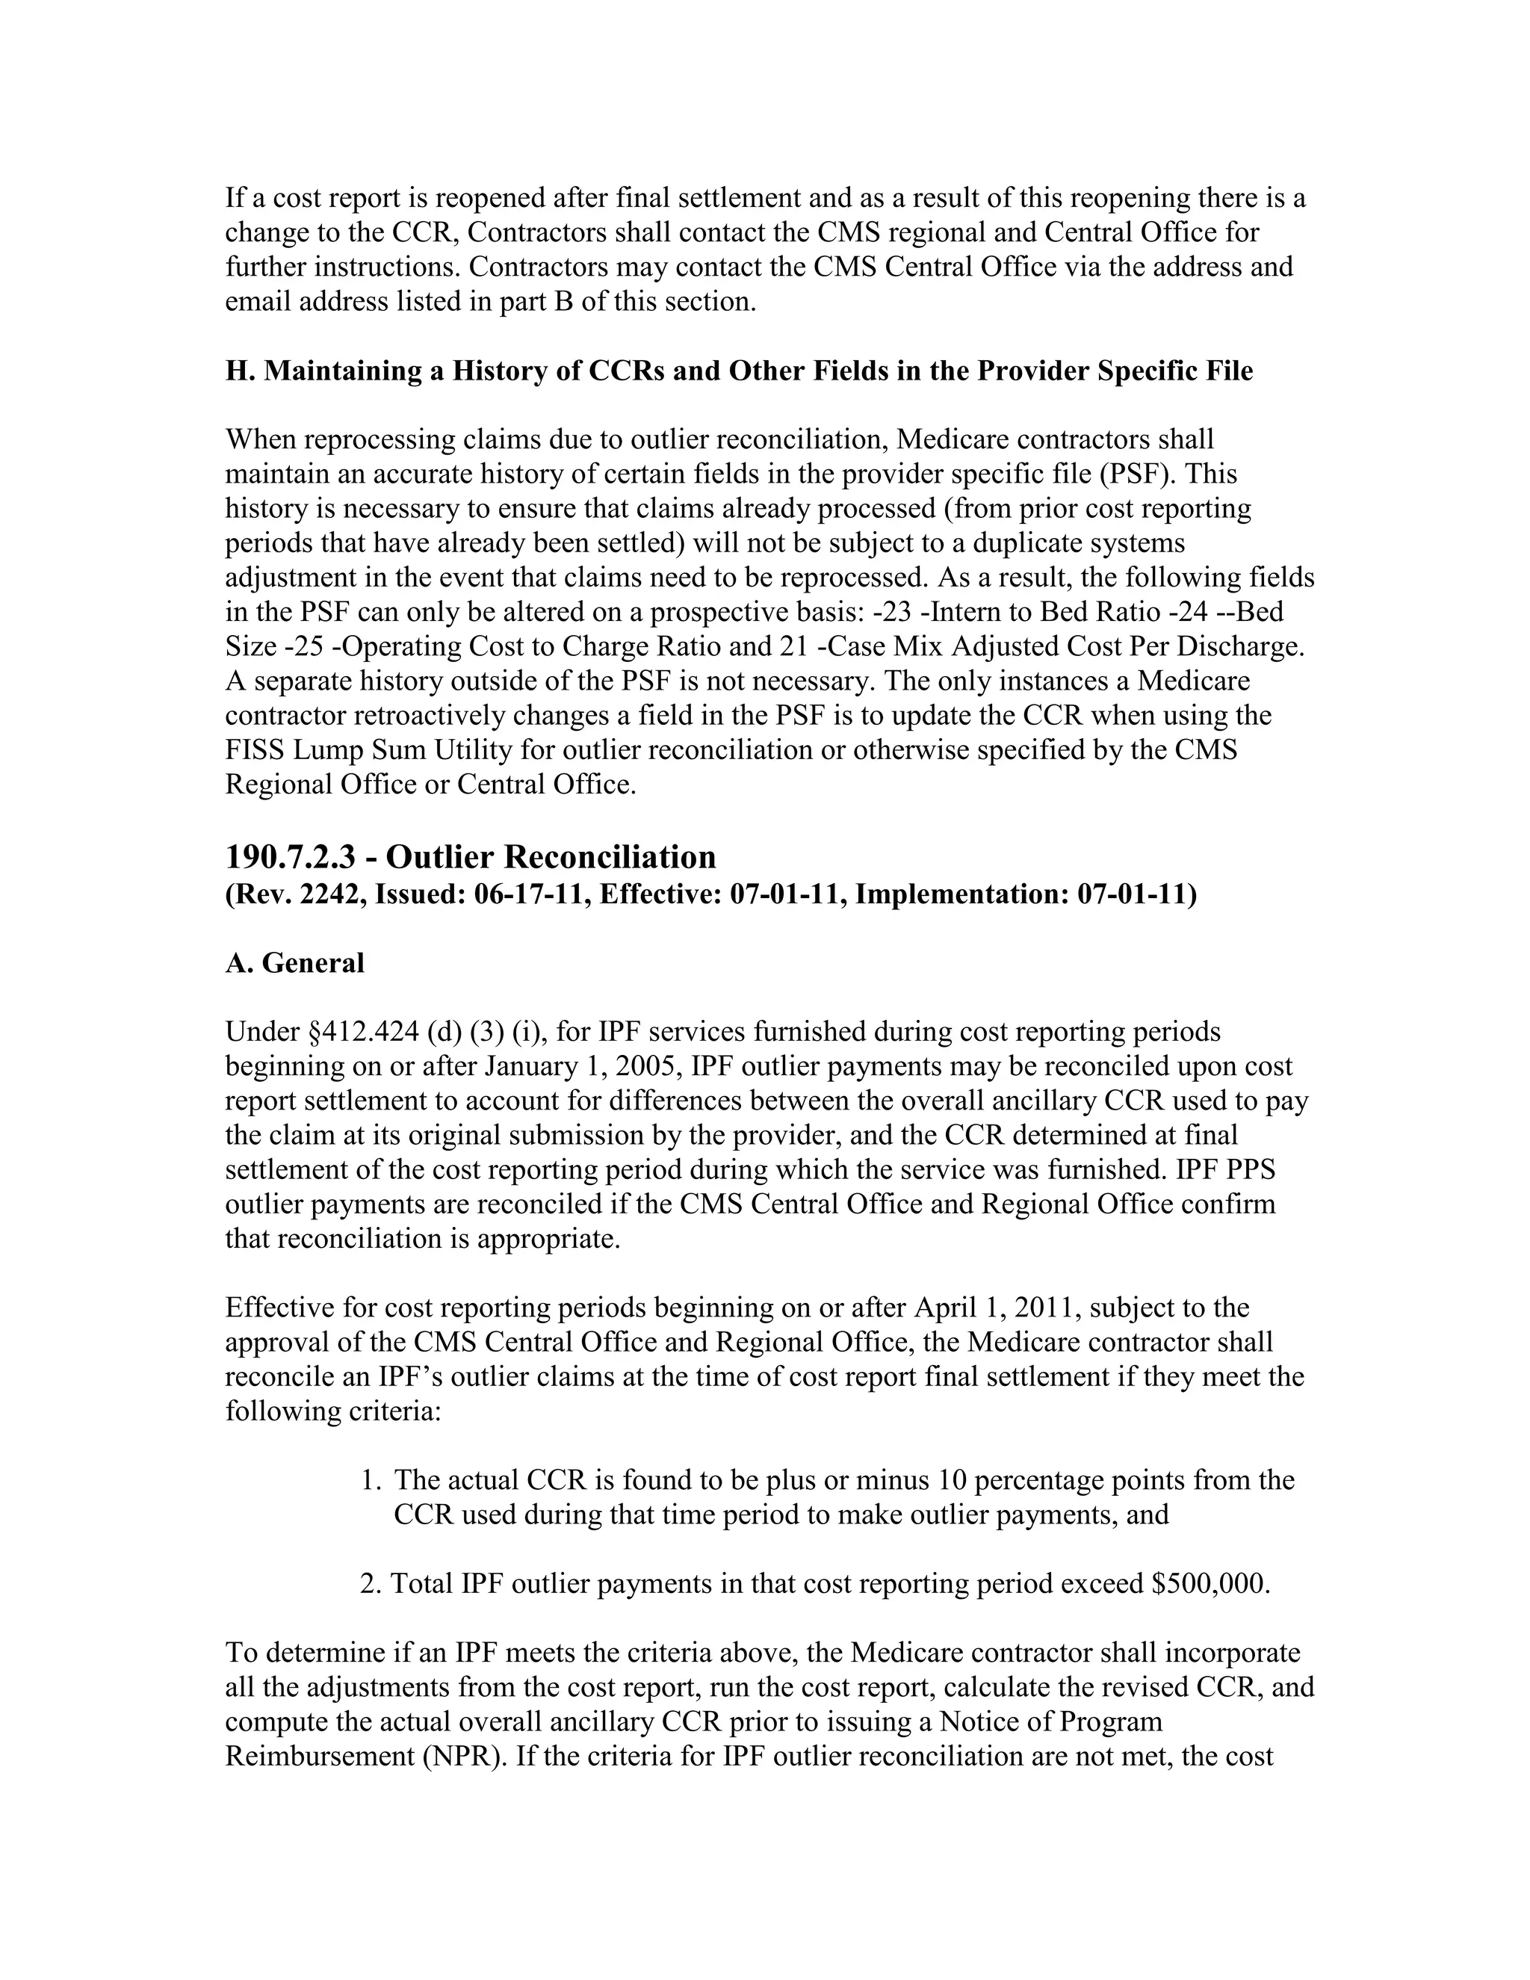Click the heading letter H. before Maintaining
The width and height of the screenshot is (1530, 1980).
(241, 371)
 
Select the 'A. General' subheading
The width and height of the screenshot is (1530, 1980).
(294, 963)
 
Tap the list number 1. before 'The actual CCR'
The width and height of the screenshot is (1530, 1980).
(369, 1480)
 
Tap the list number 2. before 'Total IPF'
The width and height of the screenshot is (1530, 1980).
(369, 1584)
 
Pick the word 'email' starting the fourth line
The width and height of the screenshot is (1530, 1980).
(258, 301)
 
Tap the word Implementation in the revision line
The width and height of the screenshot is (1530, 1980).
(961, 895)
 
